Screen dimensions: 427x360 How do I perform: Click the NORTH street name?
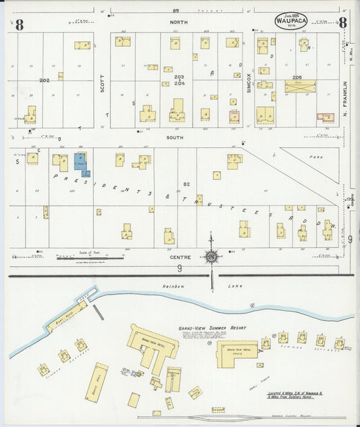click(180, 22)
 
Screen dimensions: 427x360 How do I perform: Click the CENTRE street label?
click(183, 257)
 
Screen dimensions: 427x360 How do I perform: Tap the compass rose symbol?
click(212, 257)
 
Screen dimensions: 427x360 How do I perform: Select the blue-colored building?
click(81, 163)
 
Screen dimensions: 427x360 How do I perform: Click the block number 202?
click(45, 80)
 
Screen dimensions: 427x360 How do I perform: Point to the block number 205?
click(297, 77)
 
